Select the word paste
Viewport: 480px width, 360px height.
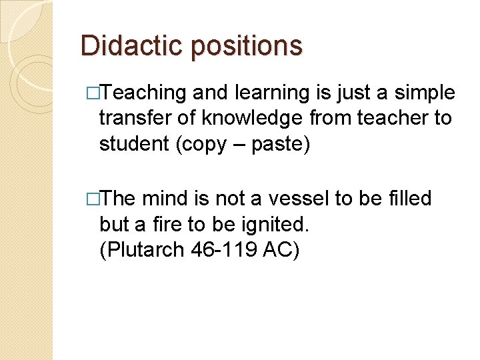[x=280, y=143]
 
